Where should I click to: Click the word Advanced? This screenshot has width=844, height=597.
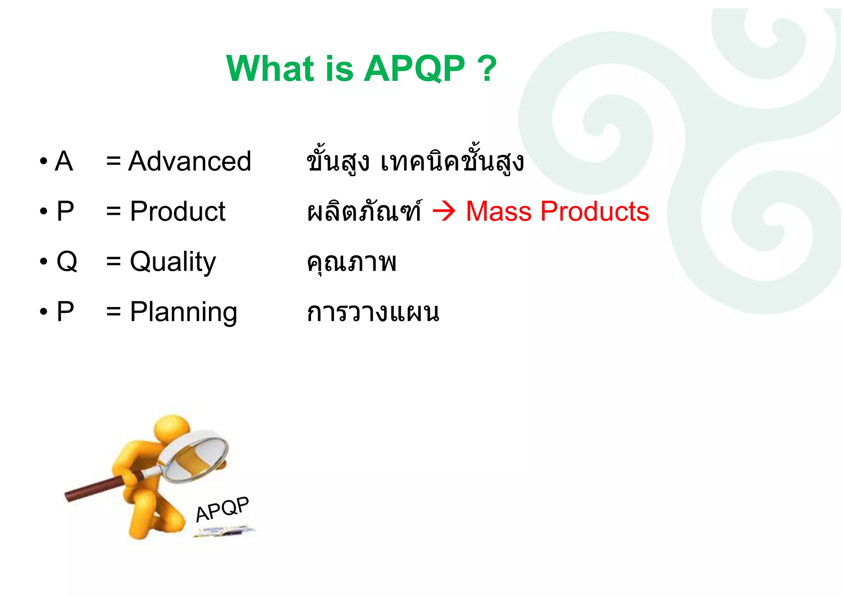click(x=190, y=161)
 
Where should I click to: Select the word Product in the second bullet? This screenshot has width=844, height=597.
click(x=178, y=212)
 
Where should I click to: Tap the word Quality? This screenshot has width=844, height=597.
click(x=173, y=262)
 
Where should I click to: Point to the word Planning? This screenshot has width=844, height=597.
click(x=183, y=313)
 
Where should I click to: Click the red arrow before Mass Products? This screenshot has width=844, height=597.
click(x=444, y=212)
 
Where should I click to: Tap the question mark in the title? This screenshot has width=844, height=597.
click(x=488, y=68)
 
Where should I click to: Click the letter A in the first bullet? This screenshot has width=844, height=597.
click(x=64, y=161)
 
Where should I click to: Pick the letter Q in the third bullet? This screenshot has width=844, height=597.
click(x=66, y=261)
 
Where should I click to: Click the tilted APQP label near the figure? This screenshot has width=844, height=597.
click(x=222, y=509)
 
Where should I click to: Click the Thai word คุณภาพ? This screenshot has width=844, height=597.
click(x=352, y=262)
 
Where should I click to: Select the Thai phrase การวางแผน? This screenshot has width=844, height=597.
click(x=373, y=313)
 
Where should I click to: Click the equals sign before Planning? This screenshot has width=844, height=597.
click(x=113, y=313)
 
